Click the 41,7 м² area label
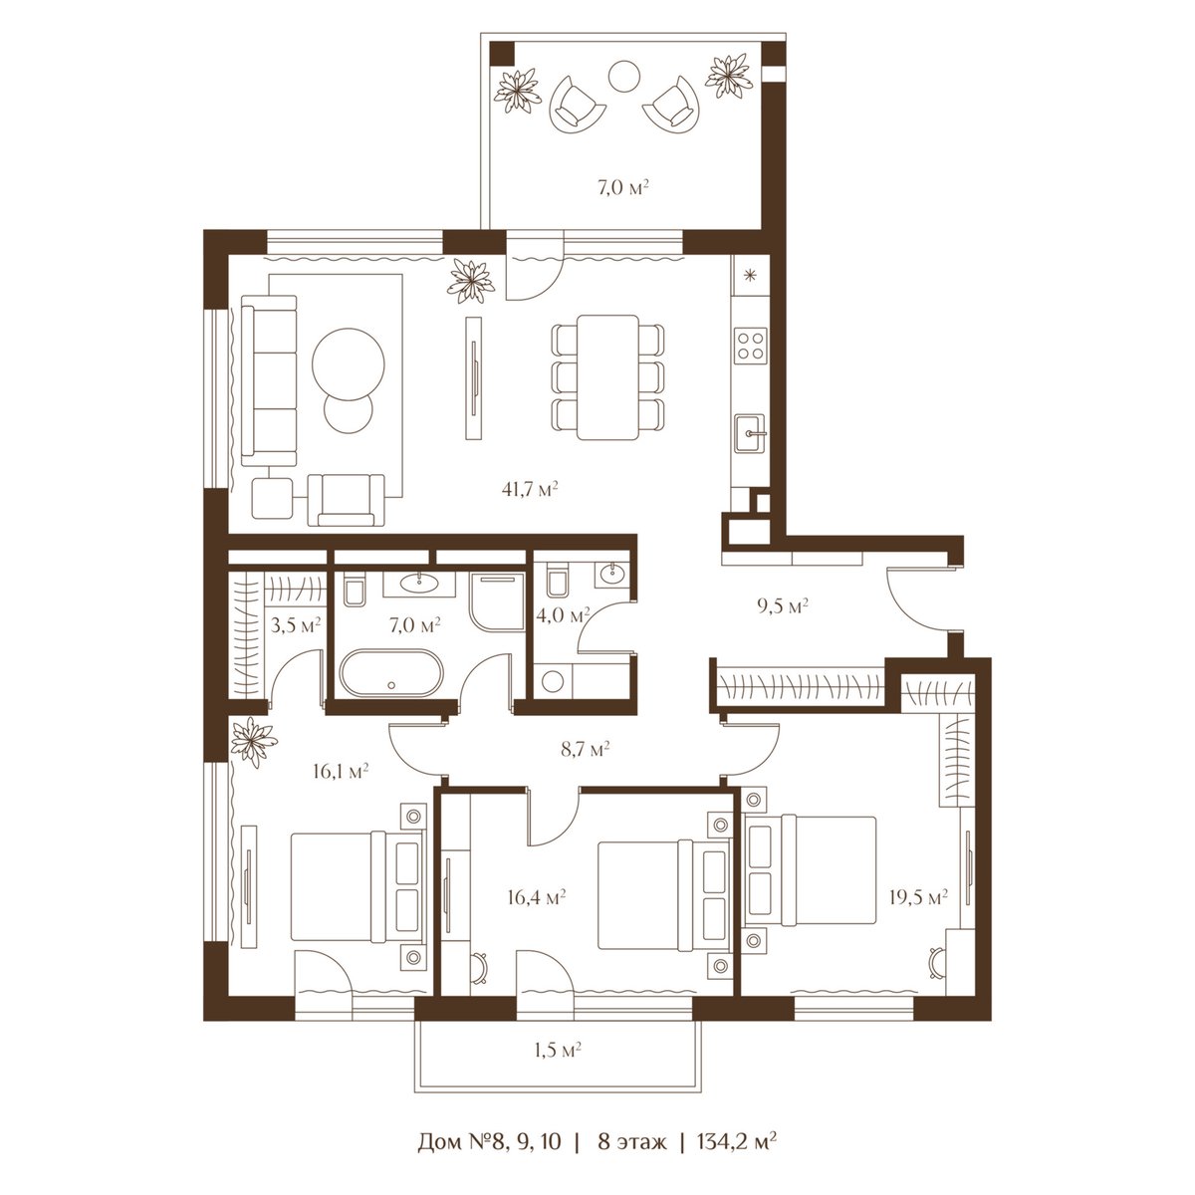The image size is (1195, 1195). coord(530,490)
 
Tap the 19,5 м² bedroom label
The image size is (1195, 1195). coord(918,896)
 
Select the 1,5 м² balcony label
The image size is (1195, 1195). coord(557,1050)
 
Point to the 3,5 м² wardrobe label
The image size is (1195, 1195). coord(295,623)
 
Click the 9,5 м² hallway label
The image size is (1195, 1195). coord(783,605)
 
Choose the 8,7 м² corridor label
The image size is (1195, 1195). coord(585,749)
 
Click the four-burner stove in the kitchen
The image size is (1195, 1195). coord(751,346)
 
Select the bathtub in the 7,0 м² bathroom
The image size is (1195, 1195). coord(390,673)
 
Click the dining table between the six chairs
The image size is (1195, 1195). coord(607,377)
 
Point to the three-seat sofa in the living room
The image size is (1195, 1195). coord(269,380)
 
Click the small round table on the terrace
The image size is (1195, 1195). coord(623,77)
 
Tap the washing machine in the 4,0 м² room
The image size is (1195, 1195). coord(553,681)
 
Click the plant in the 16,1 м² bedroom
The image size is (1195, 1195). coord(254,742)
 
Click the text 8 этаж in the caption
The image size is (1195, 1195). coord(632,1141)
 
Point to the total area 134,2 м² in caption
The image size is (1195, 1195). coord(737,1140)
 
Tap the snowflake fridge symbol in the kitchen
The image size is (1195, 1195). coord(751,275)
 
